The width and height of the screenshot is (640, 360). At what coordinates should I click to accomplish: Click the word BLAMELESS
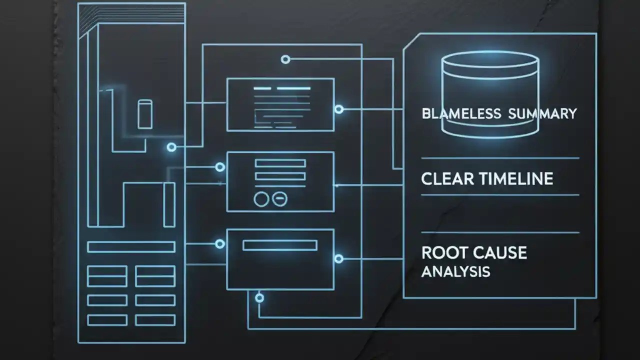pos(461,113)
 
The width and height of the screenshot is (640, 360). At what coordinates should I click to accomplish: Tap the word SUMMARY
pos(542,113)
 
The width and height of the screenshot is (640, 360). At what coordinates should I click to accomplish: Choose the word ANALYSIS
pos(455,272)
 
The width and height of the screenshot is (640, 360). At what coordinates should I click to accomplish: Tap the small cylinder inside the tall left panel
pos(144,114)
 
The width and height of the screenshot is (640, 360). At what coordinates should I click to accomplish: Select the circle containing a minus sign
pos(279,199)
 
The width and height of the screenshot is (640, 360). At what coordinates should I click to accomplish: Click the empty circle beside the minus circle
pos(261,199)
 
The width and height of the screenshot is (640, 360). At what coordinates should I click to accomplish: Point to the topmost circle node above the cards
pos(285,59)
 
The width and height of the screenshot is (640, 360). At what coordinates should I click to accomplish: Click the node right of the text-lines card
pos(339,109)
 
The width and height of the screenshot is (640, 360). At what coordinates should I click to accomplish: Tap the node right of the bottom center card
pos(339,258)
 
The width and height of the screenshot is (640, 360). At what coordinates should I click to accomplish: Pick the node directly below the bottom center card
pos(259,298)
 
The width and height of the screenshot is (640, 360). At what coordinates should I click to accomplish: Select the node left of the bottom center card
pos(219,244)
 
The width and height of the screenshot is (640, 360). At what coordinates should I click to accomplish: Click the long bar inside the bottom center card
pos(279,244)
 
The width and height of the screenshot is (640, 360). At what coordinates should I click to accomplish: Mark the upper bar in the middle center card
pos(280,163)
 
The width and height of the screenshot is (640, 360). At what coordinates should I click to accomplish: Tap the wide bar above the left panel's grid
pos(131,246)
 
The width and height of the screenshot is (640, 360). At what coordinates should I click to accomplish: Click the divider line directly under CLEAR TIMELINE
pos(500,194)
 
